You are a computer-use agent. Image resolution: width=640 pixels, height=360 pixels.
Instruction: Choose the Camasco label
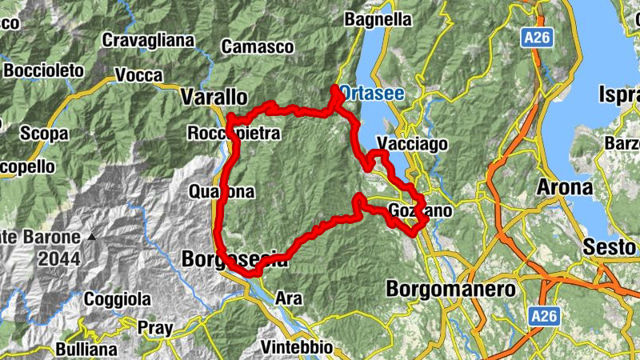pos(258,46)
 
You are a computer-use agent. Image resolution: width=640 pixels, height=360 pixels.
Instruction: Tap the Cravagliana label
pos(148,40)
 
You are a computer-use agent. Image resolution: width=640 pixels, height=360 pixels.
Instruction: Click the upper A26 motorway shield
pos(536,38)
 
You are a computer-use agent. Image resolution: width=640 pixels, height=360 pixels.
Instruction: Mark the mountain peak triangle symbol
pos(94,237)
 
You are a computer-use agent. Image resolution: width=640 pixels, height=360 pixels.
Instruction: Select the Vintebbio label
pos(297,348)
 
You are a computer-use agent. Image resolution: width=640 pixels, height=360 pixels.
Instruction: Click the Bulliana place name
pos(86,350)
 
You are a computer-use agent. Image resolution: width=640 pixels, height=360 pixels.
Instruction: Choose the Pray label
pos(154,326)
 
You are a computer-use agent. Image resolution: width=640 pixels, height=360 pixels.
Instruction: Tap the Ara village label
pos(288,298)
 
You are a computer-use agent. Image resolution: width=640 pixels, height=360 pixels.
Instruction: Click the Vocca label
pos(138,74)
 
